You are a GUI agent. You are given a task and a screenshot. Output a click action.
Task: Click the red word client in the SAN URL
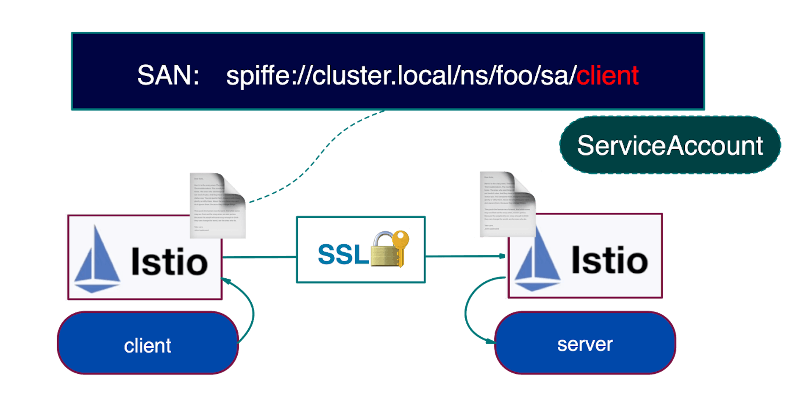point(607,76)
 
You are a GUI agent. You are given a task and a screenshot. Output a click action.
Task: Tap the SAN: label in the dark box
point(168,76)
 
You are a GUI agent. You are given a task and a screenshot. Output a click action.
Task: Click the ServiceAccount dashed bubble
point(670,145)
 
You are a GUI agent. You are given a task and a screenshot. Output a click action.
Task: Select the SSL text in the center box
point(343,255)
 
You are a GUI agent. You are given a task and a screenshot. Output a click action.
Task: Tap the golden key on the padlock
point(401,245)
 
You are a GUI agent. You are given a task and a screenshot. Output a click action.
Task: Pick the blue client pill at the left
point(148,345)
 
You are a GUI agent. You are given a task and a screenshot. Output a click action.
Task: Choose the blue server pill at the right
point(585,344)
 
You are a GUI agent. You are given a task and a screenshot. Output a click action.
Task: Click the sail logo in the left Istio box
point(97,262)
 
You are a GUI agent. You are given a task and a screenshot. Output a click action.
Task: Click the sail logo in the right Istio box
point(537,262)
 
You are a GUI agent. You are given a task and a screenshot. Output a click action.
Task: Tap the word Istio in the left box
point(169,262)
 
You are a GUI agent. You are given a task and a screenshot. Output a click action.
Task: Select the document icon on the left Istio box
point(217,205)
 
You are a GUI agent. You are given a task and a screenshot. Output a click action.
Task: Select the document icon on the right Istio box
point(507,204)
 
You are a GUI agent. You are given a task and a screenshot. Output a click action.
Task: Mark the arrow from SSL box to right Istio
point(465,256)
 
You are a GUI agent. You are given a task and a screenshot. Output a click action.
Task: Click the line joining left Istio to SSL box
point(259,257)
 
